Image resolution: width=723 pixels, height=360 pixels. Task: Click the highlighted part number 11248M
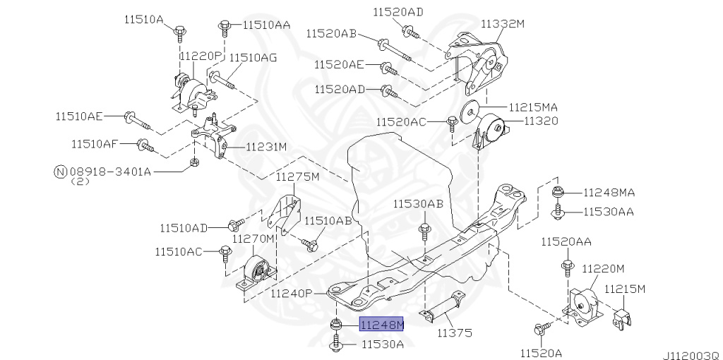click(x=382, y=325)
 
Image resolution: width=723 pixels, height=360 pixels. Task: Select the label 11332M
click(x=503, y=23)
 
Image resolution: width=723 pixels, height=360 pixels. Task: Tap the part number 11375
click(x=454, y=332)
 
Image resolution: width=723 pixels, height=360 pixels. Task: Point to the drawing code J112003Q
click(x=690, y=353)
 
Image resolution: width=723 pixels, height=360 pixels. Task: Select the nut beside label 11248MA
click(x=557, y=191)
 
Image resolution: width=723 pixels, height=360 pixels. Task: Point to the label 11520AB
click(x=331, y=33)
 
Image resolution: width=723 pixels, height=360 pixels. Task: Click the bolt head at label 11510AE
click(x=130, y=116)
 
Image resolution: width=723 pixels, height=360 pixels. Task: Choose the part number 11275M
click(x=297, y=176)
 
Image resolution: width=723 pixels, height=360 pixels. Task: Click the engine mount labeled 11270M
click(x=256, y=275)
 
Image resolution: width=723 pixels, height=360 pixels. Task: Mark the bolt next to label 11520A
click(x=540, y=328)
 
